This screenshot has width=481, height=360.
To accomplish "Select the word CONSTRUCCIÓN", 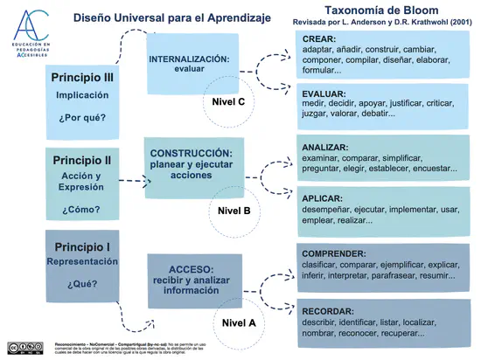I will click(192, 152).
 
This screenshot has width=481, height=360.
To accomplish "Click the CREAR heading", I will click(320, 39).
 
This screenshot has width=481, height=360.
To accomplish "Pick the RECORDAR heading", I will click(328, 310).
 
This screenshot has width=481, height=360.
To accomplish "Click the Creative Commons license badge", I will click(24, 346).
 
